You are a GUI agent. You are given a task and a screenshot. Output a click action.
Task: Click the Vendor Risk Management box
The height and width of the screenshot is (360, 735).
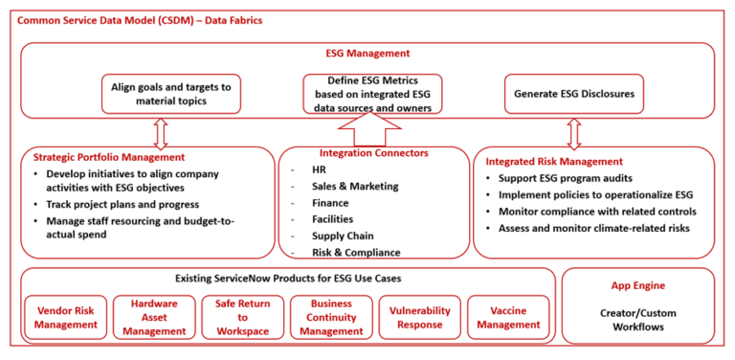coord(66,317)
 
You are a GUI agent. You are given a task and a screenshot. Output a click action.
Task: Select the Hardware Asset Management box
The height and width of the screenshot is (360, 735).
coord(153,317)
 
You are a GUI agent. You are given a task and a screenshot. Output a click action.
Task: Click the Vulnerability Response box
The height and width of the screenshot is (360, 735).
coord(416,317)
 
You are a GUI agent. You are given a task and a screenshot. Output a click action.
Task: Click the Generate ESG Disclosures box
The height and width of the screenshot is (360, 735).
coord(574,94)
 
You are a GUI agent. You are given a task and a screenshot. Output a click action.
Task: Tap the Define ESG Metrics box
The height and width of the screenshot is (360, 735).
coord(373,94)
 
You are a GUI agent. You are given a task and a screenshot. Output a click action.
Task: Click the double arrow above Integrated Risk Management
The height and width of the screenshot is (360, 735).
coord(575,133)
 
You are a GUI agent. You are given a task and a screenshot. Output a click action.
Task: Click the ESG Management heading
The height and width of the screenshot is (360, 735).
coord(368,54)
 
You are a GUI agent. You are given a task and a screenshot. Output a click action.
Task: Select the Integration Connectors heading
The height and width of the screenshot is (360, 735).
coord(372,153)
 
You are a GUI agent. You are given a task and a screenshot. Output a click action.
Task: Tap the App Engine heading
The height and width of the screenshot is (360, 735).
coord(637,285)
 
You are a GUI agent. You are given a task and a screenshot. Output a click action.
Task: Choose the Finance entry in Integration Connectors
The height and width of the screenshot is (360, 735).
coord(331,203)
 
